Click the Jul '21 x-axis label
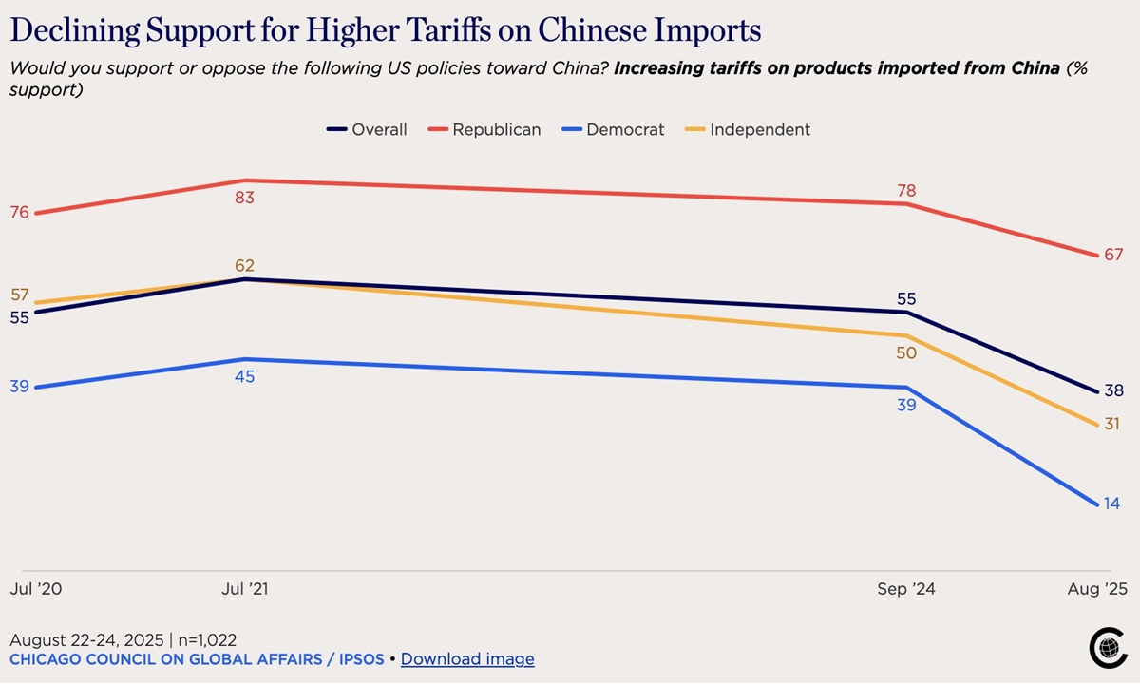point(245,589)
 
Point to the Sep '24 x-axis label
point(906,589)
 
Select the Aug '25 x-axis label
point(1097,589)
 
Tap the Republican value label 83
point(246,199)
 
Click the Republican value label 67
point(1113,255)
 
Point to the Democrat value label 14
point(1111,503)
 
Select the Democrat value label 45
point(246,377)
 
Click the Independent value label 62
point(246,266)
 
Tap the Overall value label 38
point(1113,390)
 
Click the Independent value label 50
point(906,353)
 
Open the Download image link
point(467,659)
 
